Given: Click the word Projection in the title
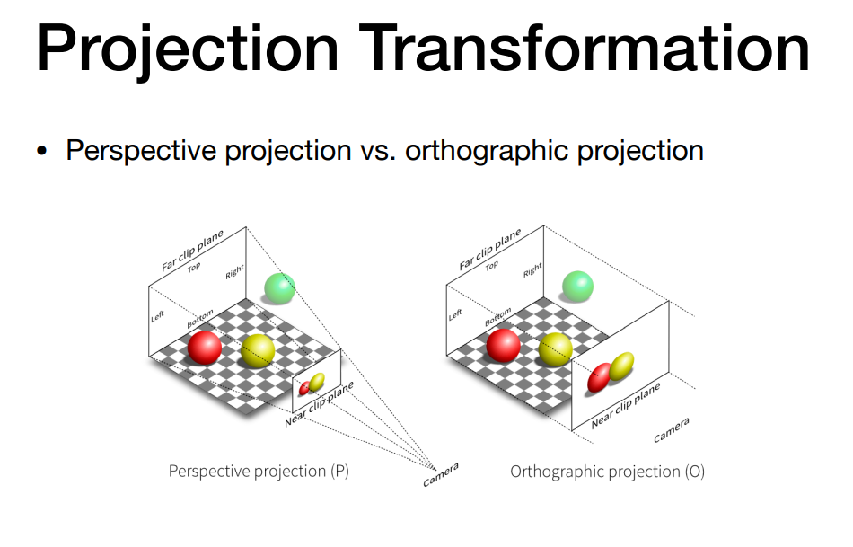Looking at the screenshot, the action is tap(188, 49).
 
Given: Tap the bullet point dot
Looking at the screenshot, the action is tap(42, 151).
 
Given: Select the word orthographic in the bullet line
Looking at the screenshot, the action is tap(487, 151).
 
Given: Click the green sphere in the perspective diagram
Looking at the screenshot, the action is tap(279, 288).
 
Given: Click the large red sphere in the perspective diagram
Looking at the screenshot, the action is tap(205, 348).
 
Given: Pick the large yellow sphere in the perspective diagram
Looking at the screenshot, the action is tap(258, 351).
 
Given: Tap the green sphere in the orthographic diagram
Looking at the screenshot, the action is tap(577, 287).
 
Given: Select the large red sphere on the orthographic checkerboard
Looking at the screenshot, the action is tap(503, 345).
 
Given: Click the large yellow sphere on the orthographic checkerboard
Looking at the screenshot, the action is tap(556, 348).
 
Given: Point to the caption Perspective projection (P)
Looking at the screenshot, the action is tap(259, 471).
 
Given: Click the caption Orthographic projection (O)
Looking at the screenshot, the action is tap(607, 472).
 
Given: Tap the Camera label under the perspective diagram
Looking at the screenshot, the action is tap(441, 474).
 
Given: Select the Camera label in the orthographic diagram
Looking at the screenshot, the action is tap(672, 430).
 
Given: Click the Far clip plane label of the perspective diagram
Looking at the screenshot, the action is tap(192, 251).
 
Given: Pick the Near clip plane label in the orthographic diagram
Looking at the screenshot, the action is tap(626, 405).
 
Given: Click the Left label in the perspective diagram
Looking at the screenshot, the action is tap(157, 315).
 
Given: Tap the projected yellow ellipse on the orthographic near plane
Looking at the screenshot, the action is tap(621, 366).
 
